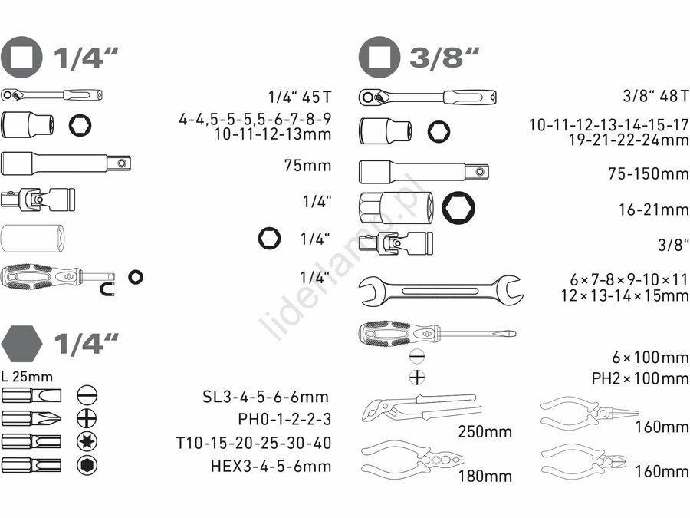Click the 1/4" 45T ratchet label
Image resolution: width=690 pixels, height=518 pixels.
pyautogui.click(x=299, y=97)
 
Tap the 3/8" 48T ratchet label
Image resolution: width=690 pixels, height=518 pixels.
pyautogui.click(x=655, y=96)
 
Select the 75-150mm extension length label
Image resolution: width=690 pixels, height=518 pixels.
pyautogui.click(x=648, y=173)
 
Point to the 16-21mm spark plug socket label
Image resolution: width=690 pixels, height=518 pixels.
pyautogui.click(x=653, y=210)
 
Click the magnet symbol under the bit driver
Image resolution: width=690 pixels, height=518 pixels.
pyautogui.click(x=106, y=289)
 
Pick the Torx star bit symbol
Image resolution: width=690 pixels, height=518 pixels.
pyautogui.click(x=87, y=441)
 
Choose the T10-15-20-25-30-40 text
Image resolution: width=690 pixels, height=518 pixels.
pyautogui.click(x=254, y=443)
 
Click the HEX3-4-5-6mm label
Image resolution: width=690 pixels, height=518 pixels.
pyautogui.click(x=271, y=466)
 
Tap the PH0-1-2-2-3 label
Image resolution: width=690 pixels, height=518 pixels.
pyautogui.click(x=284, y=419)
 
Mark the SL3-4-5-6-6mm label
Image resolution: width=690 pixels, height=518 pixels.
pyautogui.click(x=265, y=397)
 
